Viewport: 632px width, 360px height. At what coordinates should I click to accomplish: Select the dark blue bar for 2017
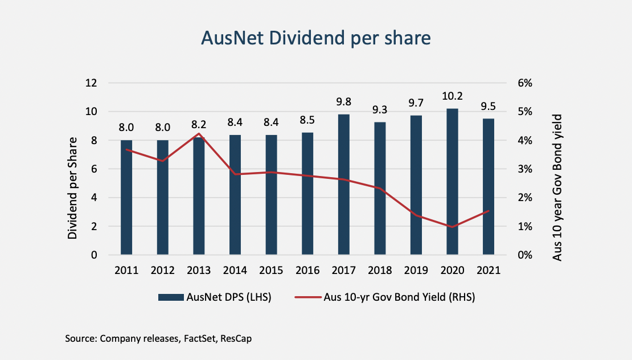pyautogui.click(x=343, y=185)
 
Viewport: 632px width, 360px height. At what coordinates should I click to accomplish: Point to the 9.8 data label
pyautogui.click(x=343, y=103)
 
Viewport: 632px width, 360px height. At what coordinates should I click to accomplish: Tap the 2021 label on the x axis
pyautogui.click(x=488, y=271)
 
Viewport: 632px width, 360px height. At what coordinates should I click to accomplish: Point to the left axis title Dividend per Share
pyautogui.click(x=73, y=188)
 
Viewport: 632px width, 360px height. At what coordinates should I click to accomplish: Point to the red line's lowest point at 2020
pyautogui.click(x=452, y=227)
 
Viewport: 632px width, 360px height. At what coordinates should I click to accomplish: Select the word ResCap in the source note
pyautogui.click(x=236, y=339)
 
